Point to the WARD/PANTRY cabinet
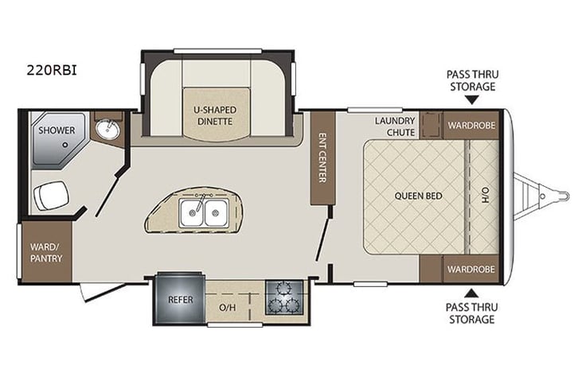point(45,247)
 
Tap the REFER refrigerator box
point(179,301)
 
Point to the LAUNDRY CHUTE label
point(396,126)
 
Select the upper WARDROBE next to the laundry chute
point(471,126)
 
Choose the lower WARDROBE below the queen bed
point(471,269)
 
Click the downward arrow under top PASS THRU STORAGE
point(472,100)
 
